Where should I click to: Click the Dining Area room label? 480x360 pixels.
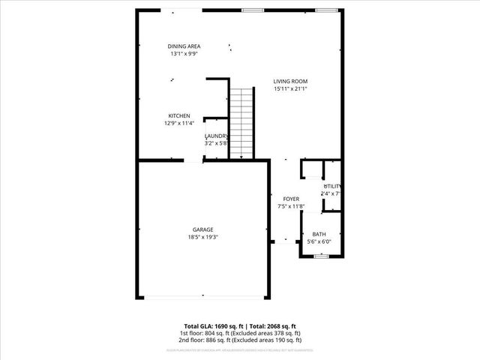[x=184, y=46]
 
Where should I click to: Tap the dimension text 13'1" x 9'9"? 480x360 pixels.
[x=184, y=54]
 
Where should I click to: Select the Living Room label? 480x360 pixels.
[x=290, y=81]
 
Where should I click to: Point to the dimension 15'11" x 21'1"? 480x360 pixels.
[x=290, y=88]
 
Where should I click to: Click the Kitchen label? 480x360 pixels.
[x=178, y=115]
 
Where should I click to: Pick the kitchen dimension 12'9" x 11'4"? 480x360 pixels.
[x=178, y=123]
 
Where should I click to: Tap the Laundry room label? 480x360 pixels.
[x=216, y=136]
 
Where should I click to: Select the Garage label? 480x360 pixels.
[x=202, y=229]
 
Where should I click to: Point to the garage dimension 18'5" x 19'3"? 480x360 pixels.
[x=202, y=237]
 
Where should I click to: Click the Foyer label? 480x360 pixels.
[x=291, y=199]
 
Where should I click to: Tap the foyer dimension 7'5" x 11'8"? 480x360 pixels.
[x=291, y=206]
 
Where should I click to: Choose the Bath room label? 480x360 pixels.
[x=319, y=234]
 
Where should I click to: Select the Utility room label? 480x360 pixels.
[x=332, y=186]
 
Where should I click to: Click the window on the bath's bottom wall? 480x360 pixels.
[x=321, y=256]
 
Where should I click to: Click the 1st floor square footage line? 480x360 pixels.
[x=239, y=333]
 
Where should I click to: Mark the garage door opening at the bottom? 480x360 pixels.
[x=202, y=298]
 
